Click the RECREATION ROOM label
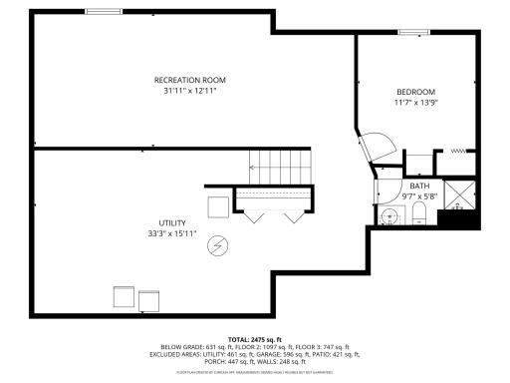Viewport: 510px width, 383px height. [x=189, y=80]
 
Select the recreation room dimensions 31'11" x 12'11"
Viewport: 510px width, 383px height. [x=189, y=91]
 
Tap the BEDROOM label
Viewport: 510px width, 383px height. [x=416, y=92]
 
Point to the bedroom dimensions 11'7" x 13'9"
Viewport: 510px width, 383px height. [x=416, y=103]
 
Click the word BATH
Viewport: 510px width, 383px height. [x=419, y=186]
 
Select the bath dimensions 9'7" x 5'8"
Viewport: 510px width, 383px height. [x=419, y=195]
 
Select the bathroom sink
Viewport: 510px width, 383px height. [x=387, y=216]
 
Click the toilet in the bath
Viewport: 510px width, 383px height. [x=419, y=219]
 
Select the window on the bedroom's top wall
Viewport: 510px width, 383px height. [x=413, y=32]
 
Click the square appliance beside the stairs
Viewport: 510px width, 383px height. [x=217, y=205]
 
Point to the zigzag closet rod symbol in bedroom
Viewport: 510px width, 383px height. [x=459, y=152]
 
